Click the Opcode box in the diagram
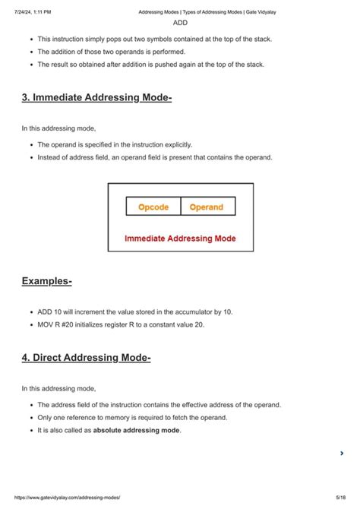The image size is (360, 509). (153, 207)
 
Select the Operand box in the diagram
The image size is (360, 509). (207, 207)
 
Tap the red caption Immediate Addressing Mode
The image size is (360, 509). (180, 239)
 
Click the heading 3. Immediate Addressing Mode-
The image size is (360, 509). (96, 97)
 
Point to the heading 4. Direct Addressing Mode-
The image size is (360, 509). (86, 357)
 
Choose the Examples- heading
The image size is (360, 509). (46, 281)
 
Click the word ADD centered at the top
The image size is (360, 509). (180, 23)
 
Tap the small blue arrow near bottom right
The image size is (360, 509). (342, 454)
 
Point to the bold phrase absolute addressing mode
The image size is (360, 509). (137, 430)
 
